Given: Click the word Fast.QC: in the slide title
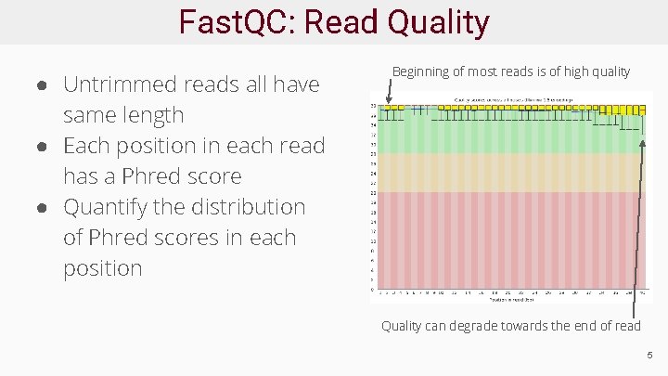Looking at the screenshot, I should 237,22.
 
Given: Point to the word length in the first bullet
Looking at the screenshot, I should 152,115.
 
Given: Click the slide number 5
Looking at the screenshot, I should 650,355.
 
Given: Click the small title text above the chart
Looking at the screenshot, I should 511,98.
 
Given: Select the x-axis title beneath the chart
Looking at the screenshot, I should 511,299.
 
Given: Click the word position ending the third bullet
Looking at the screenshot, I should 102,268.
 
